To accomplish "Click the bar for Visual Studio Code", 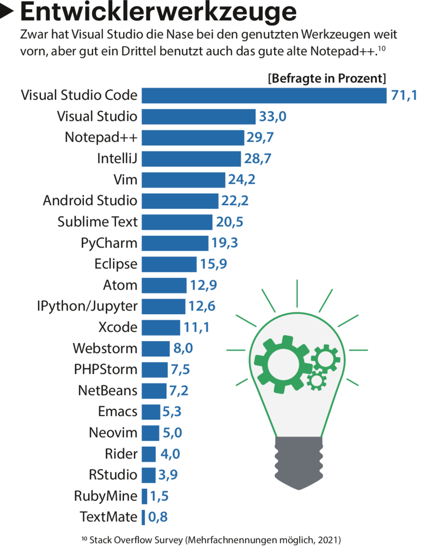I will point(264,96).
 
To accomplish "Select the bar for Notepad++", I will point(193,137).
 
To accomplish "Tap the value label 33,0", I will point(273,117).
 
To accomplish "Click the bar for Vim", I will point(183,179).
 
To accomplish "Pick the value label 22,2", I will point(234,201).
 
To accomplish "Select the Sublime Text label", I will point(97,221).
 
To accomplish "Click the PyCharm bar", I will point(175,243).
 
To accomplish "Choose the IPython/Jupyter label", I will point(87,306).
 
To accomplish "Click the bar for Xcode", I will point(161,327).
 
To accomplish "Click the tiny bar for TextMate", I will point(144,517).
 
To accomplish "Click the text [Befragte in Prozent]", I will point(327,78).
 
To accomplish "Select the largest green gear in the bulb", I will point(283,363).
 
